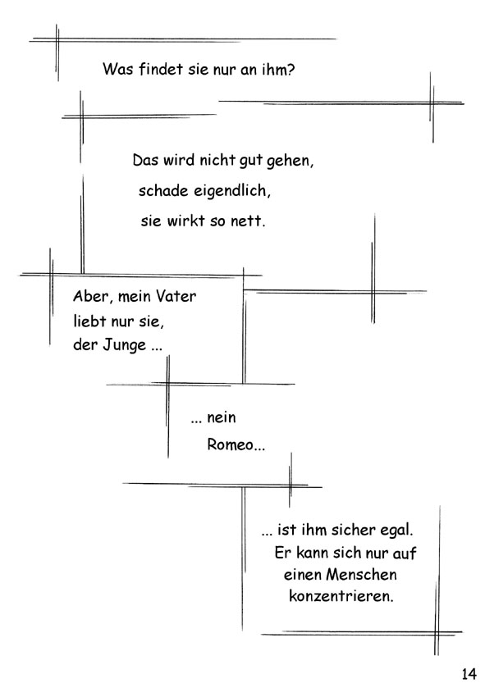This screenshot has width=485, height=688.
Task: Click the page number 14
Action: pyautogui.click(x=469, y=673)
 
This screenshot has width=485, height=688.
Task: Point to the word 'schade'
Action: pyautogui.click(x=163, y=191)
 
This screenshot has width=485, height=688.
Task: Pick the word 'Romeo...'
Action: pyautogui.click(x=236, y=444)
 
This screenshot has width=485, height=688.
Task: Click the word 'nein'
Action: pyautogui.click(x=222, y=417)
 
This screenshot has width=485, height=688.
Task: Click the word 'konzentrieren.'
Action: pyautogui.click(x=341, y=596)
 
